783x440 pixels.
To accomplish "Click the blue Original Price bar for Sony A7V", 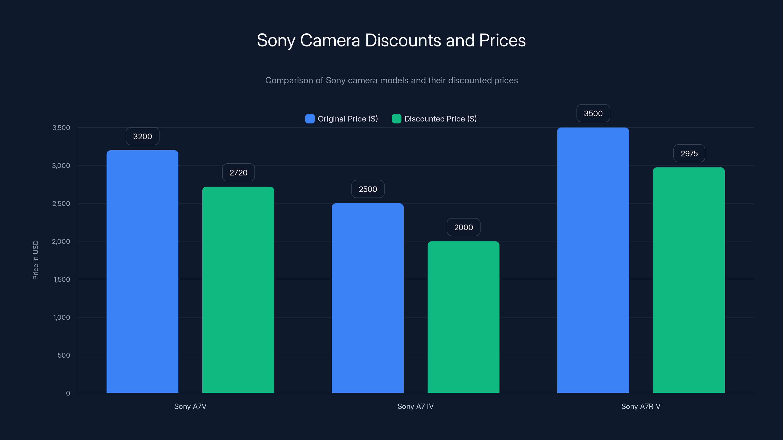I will click(x=142, y=272).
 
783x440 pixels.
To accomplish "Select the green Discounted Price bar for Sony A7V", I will click(x=238, y=290).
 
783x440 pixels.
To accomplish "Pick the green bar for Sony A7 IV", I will click(x=463, y=317).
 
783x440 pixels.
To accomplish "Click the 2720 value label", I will click(x=238, y=173).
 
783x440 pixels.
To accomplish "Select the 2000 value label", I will click(x=463, y=227).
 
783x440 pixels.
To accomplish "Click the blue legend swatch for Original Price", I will click(x=310, y=119).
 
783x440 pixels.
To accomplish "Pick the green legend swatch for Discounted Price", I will click(x=396, y=119).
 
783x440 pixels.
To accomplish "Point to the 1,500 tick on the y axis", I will click(x=62, y=279).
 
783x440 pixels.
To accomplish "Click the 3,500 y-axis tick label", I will click(x=61, y=128).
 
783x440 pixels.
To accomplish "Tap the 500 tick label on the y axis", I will click(x=64, y=355).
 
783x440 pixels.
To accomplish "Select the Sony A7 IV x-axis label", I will click(x=415, y=406).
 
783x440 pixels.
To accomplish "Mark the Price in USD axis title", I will click(x=35, y=260).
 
